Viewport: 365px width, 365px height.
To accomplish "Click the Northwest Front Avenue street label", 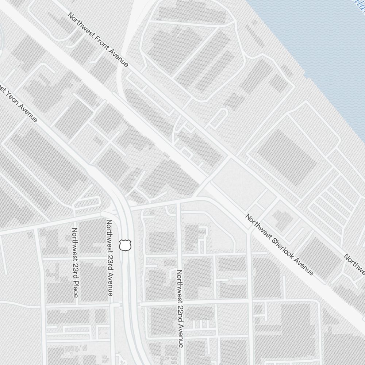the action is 98,40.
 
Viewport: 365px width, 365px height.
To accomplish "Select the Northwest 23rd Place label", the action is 75,262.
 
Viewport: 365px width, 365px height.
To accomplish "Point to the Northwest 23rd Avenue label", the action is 109,257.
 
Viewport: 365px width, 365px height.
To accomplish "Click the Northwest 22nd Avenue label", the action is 180,308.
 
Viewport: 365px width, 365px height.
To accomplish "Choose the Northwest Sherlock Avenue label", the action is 279,245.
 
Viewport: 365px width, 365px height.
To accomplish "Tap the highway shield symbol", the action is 125,245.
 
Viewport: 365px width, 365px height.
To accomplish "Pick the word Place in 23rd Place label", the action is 75,288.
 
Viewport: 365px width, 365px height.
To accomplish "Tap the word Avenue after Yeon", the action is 28,114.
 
